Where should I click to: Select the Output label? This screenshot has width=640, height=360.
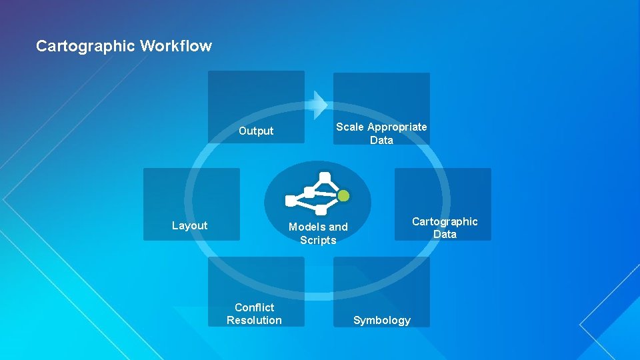[x=256, y=131]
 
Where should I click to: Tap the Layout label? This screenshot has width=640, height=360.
[x=189, y=226]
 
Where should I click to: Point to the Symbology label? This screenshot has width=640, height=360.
[x=381, y=321]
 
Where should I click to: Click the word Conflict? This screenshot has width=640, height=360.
[x=254, y=307]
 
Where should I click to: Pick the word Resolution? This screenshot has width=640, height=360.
[x=254, y=321]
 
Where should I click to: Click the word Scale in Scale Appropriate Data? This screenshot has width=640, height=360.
[x=349, y=127]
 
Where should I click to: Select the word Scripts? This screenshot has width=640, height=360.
[x=318, y=241]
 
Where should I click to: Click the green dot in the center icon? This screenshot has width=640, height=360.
[x=343, y=196]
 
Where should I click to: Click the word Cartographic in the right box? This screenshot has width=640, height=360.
[x=445, y=222]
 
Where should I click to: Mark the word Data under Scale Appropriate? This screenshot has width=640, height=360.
[x=381, y=141]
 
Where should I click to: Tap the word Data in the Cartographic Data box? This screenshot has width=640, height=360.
[x=445, y=235]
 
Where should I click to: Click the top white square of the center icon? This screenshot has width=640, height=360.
[x=325, y=178]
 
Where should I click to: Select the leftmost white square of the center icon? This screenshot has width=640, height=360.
[x=291, y=201]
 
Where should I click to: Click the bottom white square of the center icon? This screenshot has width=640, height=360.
[x=321, y=210]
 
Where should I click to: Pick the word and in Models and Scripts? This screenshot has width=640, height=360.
[x=337, y=227]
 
